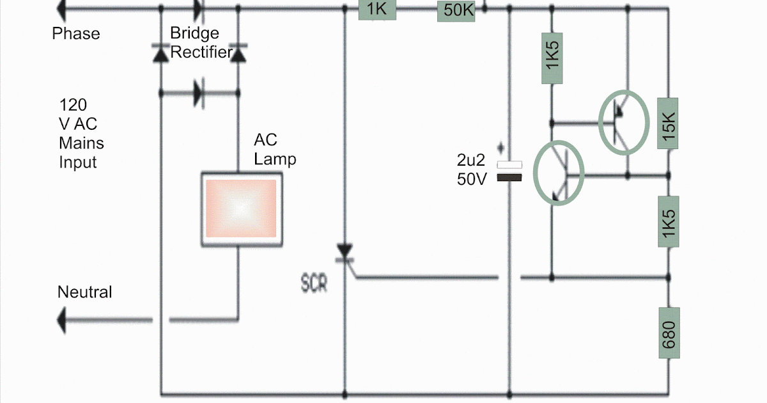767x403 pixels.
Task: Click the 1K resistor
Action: click(377, 10)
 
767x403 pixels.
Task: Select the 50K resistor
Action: click(456, 11)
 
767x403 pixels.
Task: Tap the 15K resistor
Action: click(668, 123)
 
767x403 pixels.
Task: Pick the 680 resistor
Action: click(669, 333)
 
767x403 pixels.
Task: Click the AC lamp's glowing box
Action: click(242, 209)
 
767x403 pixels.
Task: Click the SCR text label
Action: click(314, 283)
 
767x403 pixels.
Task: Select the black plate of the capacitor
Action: click(509, 178)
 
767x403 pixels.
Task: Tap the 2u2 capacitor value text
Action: click(471, 160)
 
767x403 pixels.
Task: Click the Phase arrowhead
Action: click(61, 10)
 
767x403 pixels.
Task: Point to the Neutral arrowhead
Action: click(61, 320)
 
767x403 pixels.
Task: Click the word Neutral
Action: click(84, 292)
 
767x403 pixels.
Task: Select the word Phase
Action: click(76, 33)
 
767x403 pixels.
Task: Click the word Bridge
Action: click(194, 33)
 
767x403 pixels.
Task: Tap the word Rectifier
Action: click(201, 52)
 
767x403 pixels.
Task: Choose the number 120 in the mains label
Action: click(73, 105)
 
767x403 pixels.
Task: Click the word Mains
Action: click(81, 143)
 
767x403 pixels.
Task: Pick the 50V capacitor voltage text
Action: click(472, 179)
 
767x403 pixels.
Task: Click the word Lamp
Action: click(275, 159)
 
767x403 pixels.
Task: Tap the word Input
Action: click(78, 162)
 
